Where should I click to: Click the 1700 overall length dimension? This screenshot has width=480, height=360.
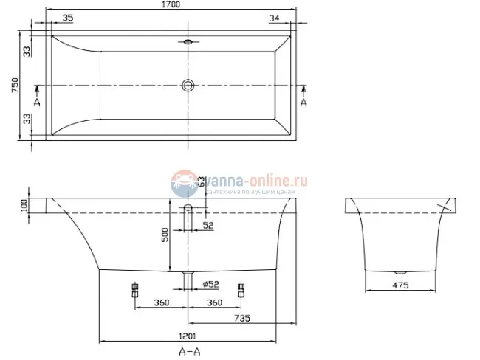point(171,5)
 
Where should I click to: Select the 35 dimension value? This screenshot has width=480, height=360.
point(66,18)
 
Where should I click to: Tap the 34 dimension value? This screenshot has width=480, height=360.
point(274,18)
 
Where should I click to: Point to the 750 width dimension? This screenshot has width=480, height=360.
point(15,86)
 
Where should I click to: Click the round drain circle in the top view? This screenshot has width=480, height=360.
point(188,85)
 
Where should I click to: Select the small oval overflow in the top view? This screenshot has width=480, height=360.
point(188,42)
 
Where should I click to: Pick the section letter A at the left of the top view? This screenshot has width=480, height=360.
point(36,102)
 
